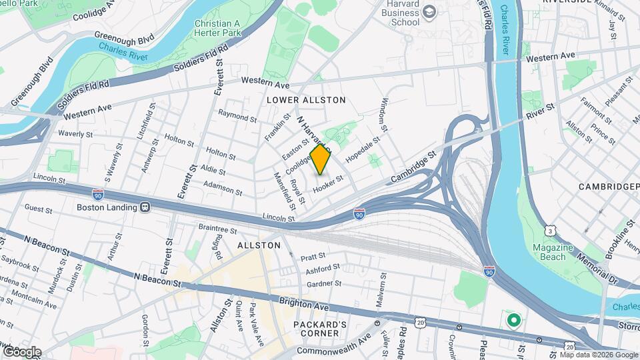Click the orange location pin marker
coord(321,159)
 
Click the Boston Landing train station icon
coord(144,207)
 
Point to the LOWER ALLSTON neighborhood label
coord(306,100)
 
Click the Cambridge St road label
coord(413,164)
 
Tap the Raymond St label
coord(237,117)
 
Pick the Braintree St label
coord(218,229)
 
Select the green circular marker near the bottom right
coord(513,321)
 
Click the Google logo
coord(22,351)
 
